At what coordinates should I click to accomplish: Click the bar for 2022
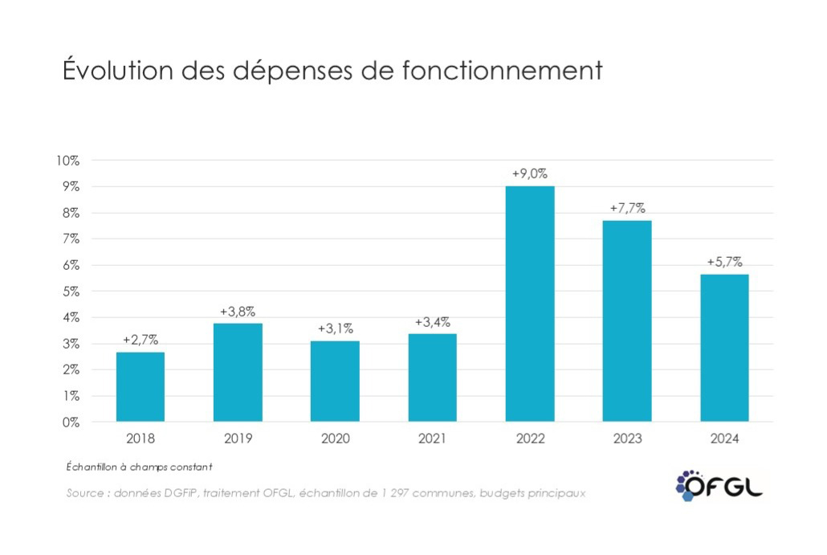click(530, 304)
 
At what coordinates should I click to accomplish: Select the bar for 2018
click(141, 386)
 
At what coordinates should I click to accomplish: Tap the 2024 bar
click(724, 348)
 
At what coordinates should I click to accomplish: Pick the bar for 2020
click(335, 381)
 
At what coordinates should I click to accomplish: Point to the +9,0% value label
click(530, 173)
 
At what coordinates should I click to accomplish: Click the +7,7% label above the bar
click(627, 208)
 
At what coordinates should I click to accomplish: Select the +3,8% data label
click(238, 311)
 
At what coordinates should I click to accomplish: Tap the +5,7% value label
click(724, 262)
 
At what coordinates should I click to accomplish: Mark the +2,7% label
click(141, 340)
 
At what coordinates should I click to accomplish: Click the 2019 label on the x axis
click(238, 439)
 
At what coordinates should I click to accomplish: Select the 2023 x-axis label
click(627, 439)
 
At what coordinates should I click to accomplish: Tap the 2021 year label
click(432, 439)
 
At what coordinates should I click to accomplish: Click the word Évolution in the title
click(118, 70)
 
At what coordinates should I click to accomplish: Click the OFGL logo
click(719, 484)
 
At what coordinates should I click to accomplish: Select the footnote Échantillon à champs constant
click(139, 467)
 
